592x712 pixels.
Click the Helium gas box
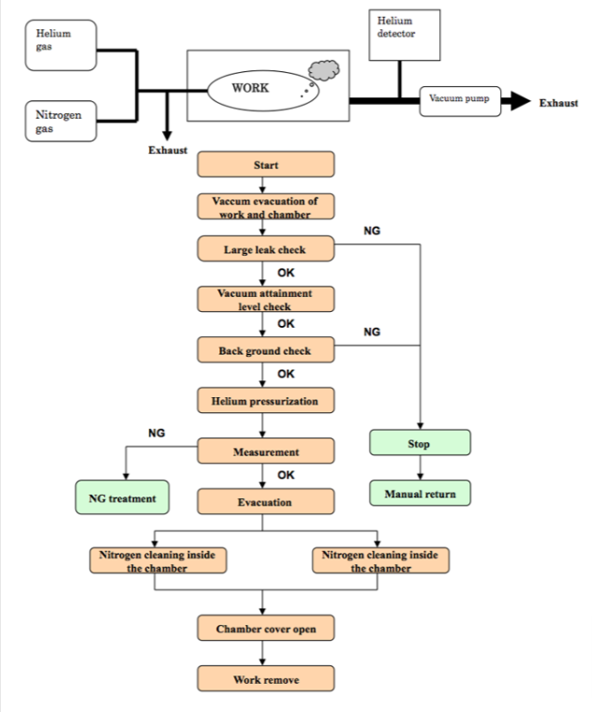tap(61, 45)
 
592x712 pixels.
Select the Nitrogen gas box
tap(61, 121)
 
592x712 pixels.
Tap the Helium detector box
tap(405, 35)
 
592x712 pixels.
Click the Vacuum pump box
tap(460, 101)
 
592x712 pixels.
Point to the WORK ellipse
tap(263, 90)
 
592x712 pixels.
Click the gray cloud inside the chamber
tap(324, 70)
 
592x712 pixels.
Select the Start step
tap(266, 164)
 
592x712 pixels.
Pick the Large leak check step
tap(266, 249)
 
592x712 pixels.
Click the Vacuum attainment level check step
tap(266, 299)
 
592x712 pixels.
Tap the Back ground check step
tap(266, 349)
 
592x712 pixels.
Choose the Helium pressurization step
tap(266, 401)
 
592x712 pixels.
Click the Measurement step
tap(266, 451)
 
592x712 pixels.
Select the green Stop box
tap(420, 443)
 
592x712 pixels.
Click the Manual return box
tap(420, 493)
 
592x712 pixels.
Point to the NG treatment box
tap(122, 497)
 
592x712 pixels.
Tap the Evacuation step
tap(266, 501)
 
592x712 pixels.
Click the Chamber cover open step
tap(266, 628)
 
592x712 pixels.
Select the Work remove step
tap(266, 678)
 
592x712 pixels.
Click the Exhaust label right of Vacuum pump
tap(558, 103)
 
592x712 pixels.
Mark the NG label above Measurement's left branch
tap(156, 433)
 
